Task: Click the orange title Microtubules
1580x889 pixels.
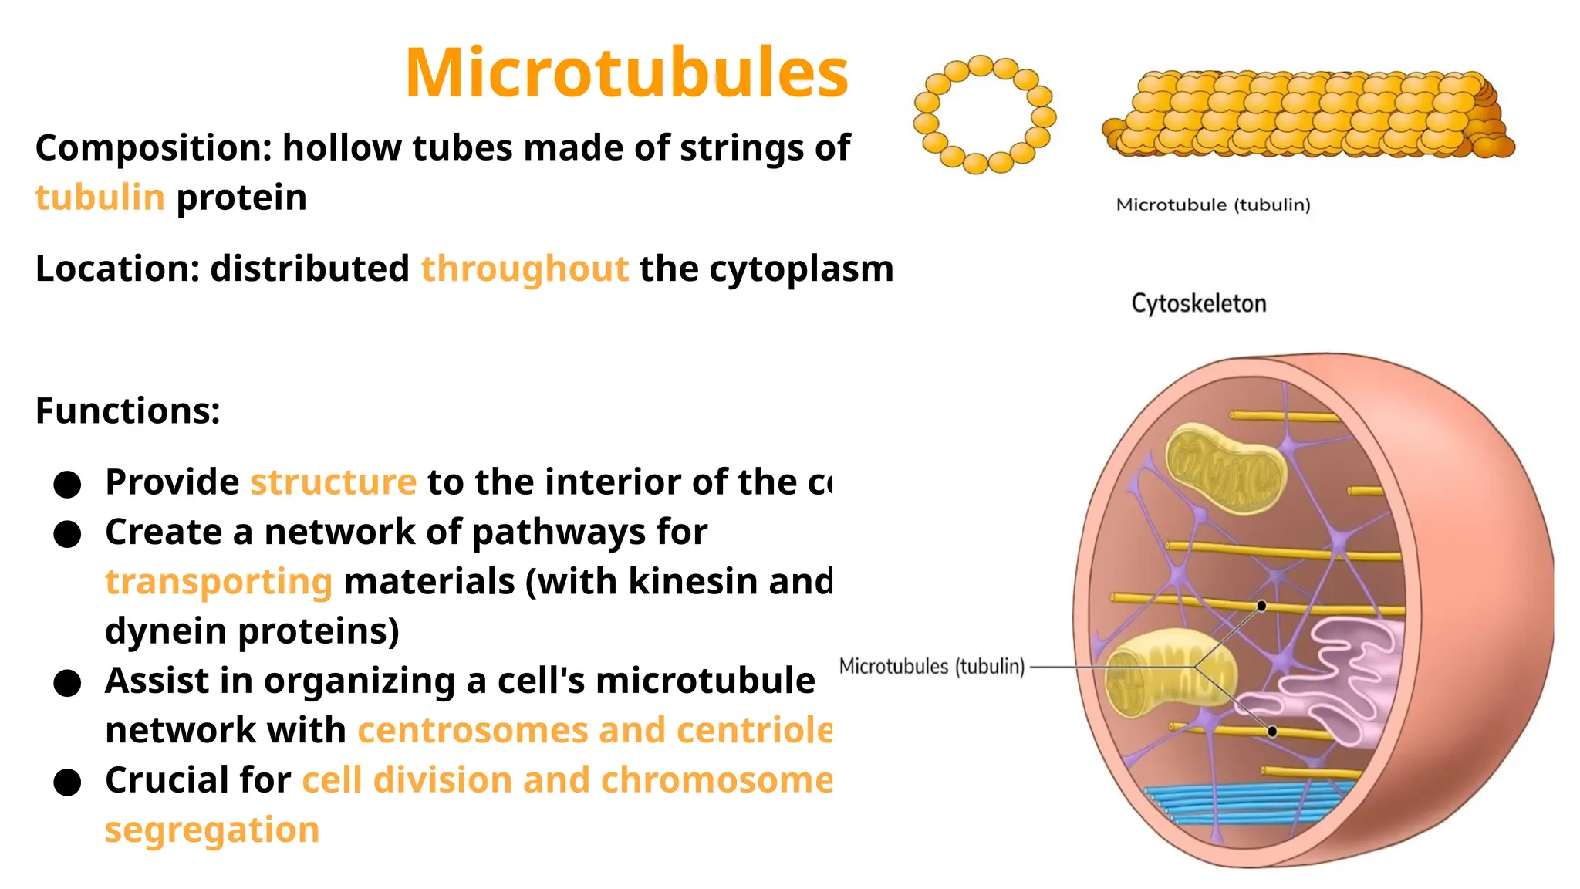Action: (x=626, y=73)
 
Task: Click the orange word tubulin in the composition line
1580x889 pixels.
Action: (x=100, y=198)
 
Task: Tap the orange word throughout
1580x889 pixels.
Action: (x=525, y=269)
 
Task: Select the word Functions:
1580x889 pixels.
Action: (x=128, y=411)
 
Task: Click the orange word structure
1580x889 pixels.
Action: (x=333, y=482)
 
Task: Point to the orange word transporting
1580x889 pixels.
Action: (x=218, y=582)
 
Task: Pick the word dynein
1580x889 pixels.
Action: (x=165, y=631)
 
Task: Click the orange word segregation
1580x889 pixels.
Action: (x=212, y=830)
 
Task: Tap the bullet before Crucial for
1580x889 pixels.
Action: (x=68, y=782)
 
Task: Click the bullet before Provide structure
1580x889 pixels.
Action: (x=68, y=484)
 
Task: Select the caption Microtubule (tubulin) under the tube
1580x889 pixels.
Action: (x=1213, y=205)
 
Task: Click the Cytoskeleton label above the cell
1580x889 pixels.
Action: (x=1198, y=303)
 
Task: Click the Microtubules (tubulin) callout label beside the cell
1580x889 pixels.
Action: (x=931, y=666)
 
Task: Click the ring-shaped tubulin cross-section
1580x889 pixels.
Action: (x=984, y=114)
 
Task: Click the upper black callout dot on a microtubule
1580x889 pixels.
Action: (x=1261, y=606)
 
